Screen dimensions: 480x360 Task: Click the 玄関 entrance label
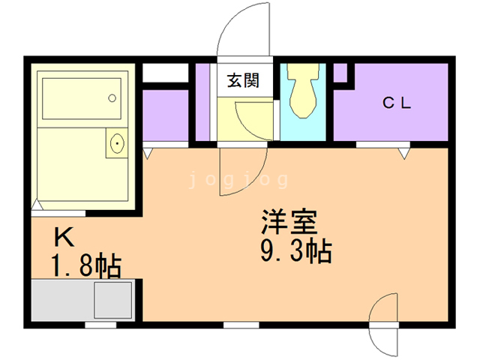tap(243, 80)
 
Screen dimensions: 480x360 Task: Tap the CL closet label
tap(397, 103)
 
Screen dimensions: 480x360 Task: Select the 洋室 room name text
tap(289, 222)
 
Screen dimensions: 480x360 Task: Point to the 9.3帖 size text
tap(296, 252)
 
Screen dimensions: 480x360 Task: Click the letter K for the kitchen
tap(64, 237)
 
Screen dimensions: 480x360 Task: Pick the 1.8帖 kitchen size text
tap(86, 265)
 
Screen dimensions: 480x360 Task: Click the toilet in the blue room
tap(303, 91)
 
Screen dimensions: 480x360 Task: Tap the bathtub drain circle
tap(112, 98)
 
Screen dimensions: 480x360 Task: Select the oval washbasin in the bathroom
tap(117, 143)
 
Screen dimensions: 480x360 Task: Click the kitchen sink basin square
tap(113, 300)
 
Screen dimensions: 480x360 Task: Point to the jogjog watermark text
tap(238, 180)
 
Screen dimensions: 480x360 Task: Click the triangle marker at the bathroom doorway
tap(37, 205)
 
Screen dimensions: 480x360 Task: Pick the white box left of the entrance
tap(165, 73)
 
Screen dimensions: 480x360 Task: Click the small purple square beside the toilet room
tap(340, 73)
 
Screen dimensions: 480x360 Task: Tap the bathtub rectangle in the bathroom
tap(82, 98)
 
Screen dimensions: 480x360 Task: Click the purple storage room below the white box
tap(165, 115)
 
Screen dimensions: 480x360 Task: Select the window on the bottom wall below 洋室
tap(241, 325)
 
